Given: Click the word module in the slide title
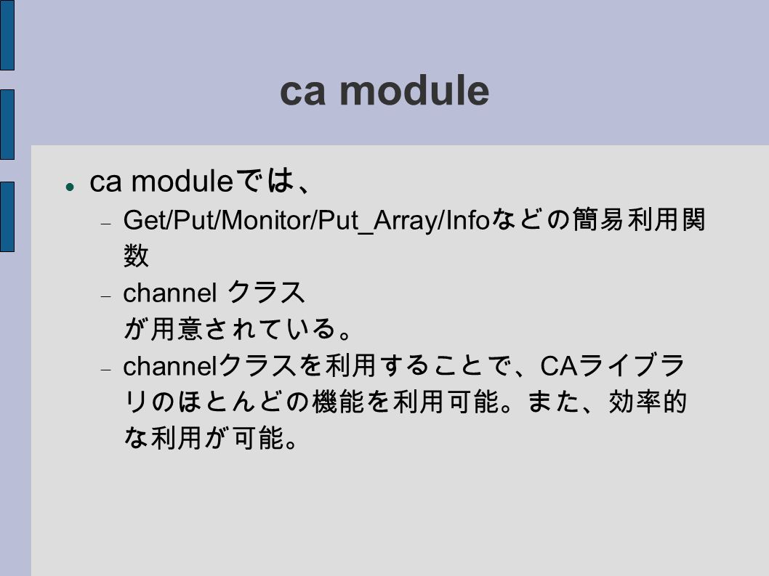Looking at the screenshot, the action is [414, 91].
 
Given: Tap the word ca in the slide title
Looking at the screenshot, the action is [302, 94].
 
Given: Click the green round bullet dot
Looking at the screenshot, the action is [70, 187].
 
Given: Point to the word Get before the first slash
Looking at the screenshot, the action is [145, 219].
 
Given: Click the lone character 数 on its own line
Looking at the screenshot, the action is [136, 256].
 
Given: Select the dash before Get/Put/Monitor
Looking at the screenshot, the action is [106, 224].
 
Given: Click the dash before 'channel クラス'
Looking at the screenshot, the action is [106, 296].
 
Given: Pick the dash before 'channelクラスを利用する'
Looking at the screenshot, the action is [106, 370].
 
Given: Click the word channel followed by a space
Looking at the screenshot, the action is [169, 293].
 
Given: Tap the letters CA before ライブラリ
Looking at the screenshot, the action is [559, 365].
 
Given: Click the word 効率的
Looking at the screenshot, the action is [648, 402].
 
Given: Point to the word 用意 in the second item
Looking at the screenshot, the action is [177, 328].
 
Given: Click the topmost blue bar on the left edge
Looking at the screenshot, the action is [7, 35].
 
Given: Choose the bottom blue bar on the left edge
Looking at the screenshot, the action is [7, 216].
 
